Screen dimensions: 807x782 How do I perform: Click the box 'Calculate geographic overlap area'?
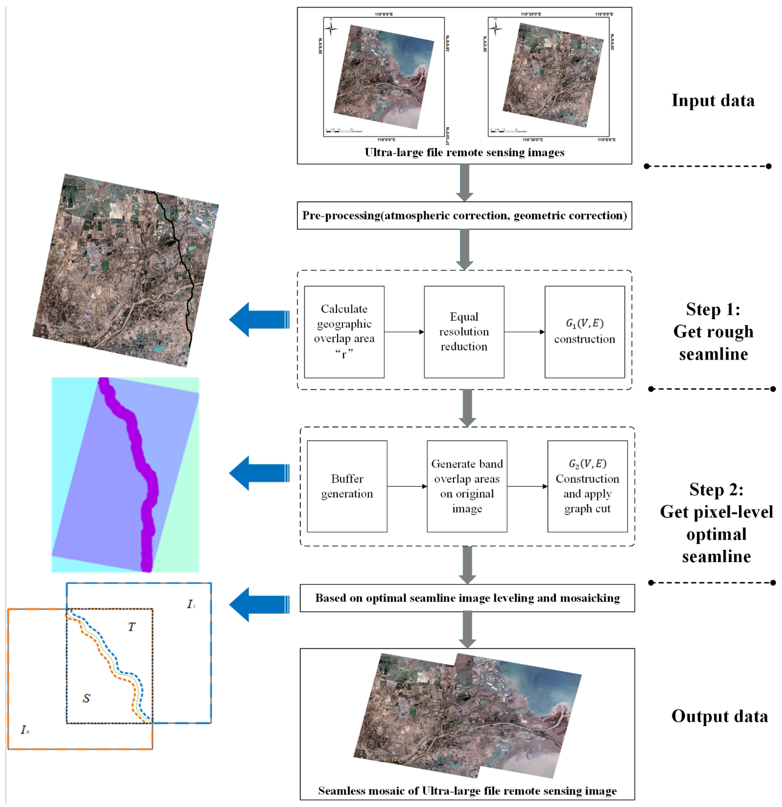[x=344, y=332]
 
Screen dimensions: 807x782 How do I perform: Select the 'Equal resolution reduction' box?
[x=464, y=332]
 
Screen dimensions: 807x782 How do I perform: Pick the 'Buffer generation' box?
[x=347, y=486]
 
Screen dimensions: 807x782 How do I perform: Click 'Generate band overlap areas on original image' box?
[x=467, y=486]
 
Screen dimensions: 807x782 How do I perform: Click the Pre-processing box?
[x=464, y=215]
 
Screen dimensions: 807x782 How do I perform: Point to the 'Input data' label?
[x=713, y=100]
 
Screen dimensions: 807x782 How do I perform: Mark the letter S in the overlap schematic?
[x=86, y=698]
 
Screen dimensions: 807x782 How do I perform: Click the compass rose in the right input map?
[x=495, y=28]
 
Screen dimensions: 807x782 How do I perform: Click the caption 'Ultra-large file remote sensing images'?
[x=464, y=152]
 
